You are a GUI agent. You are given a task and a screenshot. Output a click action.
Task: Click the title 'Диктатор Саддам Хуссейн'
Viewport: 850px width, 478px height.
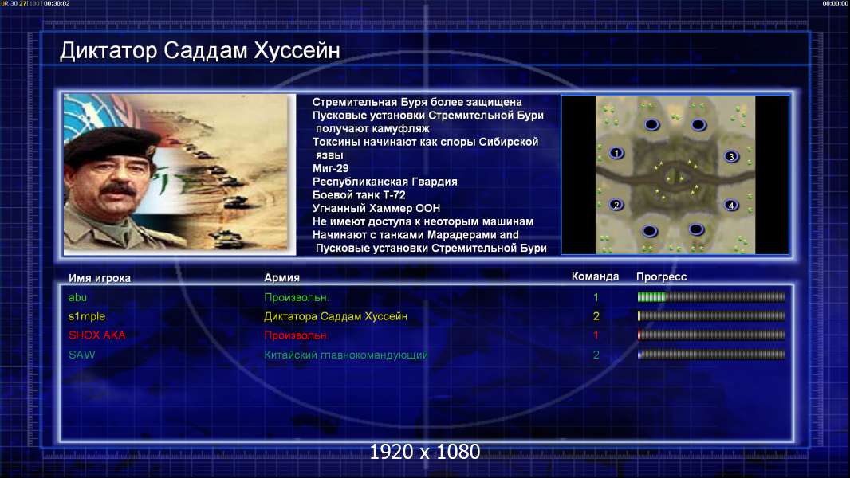pos(199,50)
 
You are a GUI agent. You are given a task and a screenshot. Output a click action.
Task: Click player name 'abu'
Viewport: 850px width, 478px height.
pos(77,297)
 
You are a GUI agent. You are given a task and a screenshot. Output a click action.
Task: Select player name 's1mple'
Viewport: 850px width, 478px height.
pos(87,317)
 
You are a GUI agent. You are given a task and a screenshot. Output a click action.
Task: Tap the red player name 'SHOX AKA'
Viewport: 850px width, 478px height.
pos(96,335)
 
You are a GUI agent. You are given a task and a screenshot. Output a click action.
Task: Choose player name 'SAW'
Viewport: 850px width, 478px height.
pos(82,355)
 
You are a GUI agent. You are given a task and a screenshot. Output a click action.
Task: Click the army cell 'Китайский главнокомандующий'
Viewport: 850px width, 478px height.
pos(346,355)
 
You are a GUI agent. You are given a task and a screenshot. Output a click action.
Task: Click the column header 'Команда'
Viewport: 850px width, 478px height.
pos(595,276)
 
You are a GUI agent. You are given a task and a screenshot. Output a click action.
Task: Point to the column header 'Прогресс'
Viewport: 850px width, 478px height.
pos(661,276)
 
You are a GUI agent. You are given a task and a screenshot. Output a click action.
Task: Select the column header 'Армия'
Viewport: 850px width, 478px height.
pos(282,277)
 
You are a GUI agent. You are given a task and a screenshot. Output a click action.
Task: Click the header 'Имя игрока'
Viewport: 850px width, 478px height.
pos(99,278)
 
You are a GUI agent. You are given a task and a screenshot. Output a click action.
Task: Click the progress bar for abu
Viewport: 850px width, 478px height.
pos(711,296)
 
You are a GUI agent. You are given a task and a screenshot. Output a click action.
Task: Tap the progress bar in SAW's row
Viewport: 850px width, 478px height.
pos(711,355)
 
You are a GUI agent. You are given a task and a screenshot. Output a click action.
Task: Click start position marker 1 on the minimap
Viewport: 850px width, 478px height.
pos(616,153)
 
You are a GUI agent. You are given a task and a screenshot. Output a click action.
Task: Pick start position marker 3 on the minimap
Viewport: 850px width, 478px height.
pos(731,157)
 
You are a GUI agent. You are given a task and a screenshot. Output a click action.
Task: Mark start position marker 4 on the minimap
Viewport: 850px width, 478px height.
pos(731,206)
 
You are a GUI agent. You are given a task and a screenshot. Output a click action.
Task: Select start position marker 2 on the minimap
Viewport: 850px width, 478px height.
pos(616,205)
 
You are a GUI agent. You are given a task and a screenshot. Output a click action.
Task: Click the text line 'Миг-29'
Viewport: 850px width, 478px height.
pos(331,168)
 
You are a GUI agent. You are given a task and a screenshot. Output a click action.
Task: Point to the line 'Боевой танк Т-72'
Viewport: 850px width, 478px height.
pos(359,195)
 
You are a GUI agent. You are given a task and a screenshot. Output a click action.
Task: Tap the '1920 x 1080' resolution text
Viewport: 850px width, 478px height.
pos(425,452)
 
